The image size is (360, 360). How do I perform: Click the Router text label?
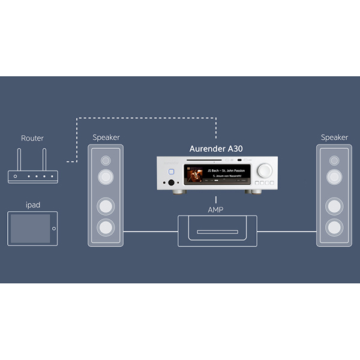click(x=32, y=139)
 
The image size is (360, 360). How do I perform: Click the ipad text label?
click(x=32, y=205)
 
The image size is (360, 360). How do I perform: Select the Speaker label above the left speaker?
click(x=106, y=137)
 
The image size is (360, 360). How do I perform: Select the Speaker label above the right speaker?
click(x=334, y=137)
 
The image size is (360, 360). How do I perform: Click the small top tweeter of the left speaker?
click(x=106, y=161)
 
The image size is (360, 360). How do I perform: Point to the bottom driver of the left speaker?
click(x=106, y=227)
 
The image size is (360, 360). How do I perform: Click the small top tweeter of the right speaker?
click(x=334, y=161)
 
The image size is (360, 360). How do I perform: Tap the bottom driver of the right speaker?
click(x=334, y=227)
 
